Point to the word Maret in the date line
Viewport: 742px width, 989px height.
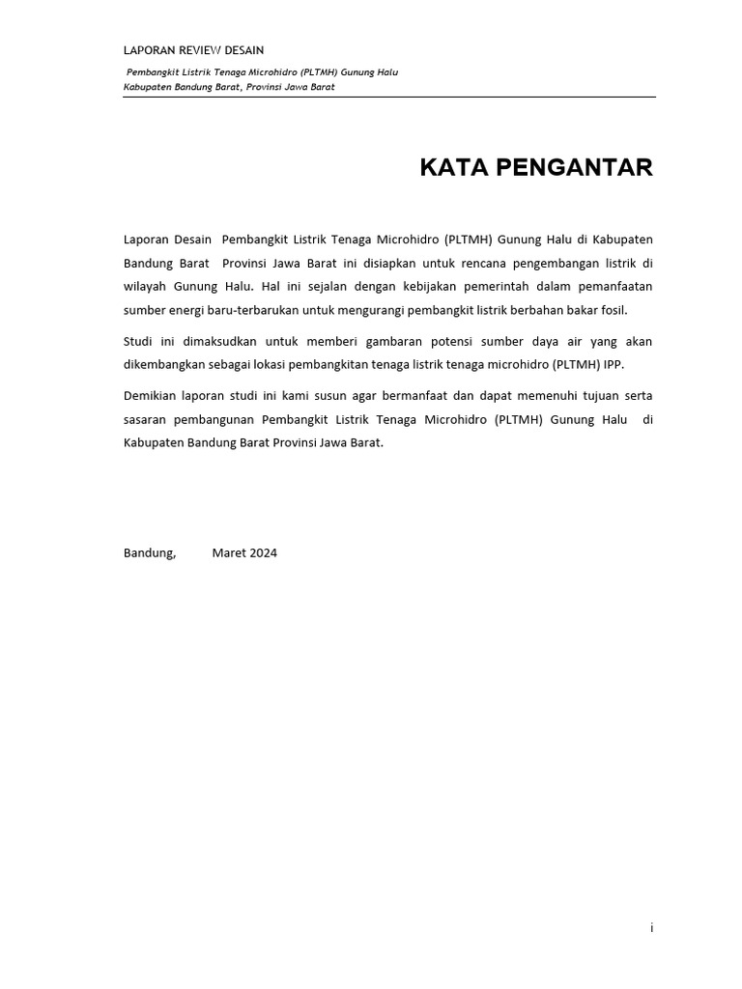[x=229, y=553]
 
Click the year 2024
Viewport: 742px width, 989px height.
[x=263, y=553]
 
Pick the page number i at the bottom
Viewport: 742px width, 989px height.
[x=652, y=928]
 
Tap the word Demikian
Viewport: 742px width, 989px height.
[x=152, y=395]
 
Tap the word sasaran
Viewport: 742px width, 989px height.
[x=146, y=419]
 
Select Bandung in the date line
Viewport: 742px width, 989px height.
[x=149, y=553]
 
